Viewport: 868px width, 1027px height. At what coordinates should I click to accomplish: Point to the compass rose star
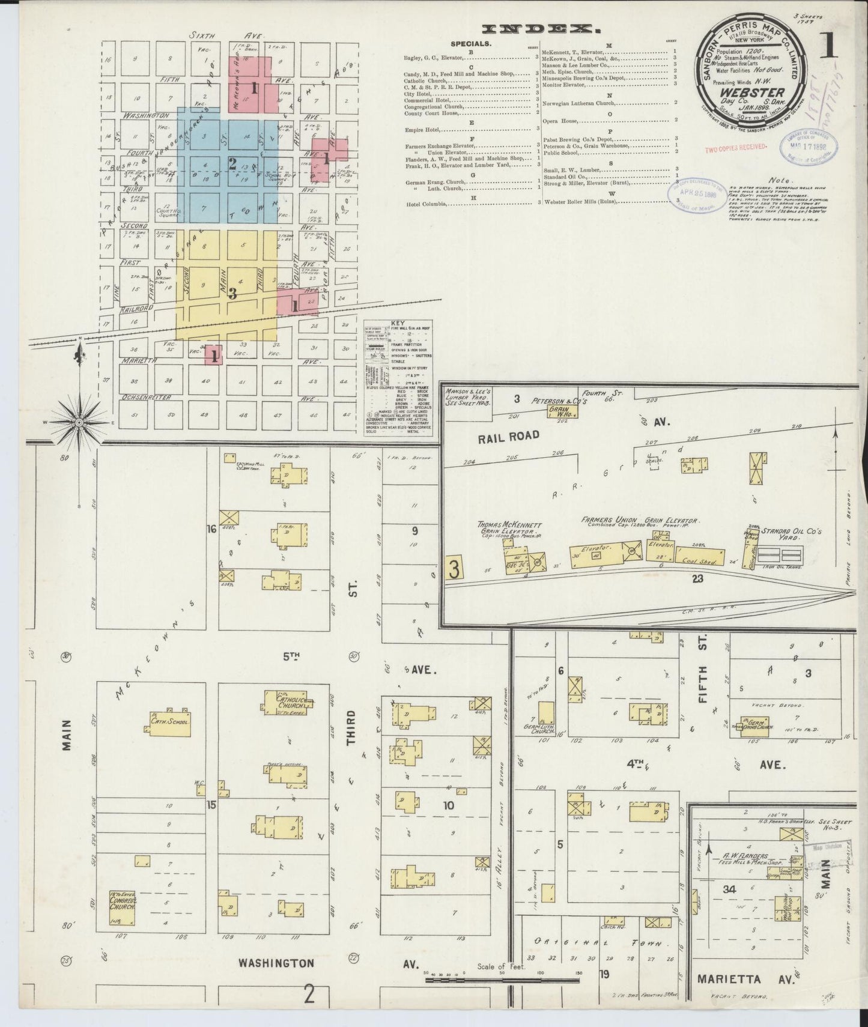point(79,422)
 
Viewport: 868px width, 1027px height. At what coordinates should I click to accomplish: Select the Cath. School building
point(167,722)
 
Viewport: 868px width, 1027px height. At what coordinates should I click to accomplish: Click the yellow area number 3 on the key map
point(232,294)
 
